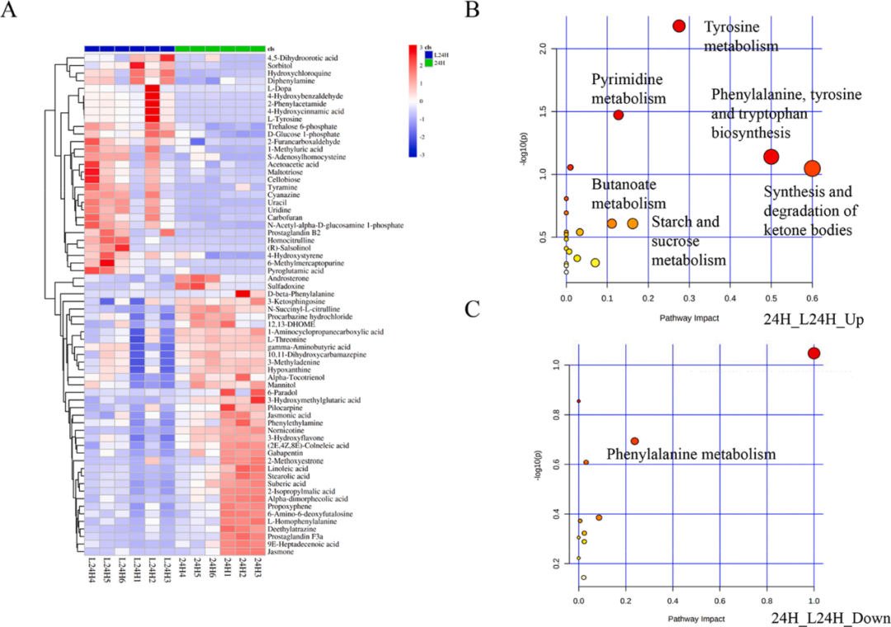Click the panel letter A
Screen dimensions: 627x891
tap(11, 13)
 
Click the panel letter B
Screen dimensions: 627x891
tap(474, 12)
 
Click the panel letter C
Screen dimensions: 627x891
tap(474, 309)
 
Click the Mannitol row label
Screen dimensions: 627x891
tap(280, 385)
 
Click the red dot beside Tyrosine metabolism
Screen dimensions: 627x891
tap(679, 26)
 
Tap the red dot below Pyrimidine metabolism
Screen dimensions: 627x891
tap(618, 115)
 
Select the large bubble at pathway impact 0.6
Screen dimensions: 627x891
tap(812, 169)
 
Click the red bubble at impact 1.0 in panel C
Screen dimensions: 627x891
tap(813, 353)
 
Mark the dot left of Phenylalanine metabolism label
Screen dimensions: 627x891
tap(634, 441)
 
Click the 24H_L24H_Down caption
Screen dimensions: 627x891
tap(830, 618)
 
